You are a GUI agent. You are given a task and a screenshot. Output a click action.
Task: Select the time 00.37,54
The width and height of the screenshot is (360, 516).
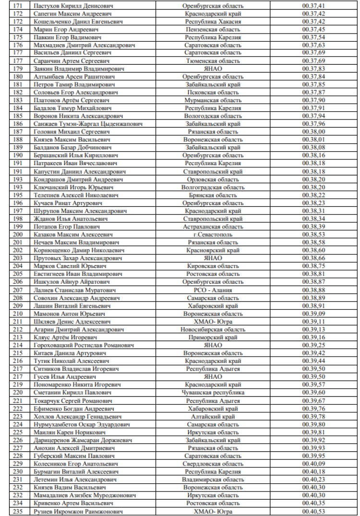(314, 37)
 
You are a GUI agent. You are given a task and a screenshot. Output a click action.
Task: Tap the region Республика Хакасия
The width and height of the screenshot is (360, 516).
(213, 22)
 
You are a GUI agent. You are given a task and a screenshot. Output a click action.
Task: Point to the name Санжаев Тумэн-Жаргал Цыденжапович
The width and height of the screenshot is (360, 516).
(88, 124)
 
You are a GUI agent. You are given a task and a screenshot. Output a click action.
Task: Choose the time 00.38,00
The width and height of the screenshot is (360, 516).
(314, 132)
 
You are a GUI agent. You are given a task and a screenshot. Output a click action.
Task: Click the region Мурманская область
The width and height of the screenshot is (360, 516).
(213, 100)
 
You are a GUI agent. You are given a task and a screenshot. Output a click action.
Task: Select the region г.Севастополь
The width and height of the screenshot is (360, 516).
(213, 234)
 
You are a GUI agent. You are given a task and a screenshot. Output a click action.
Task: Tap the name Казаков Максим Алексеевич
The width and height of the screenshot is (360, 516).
(73, 234)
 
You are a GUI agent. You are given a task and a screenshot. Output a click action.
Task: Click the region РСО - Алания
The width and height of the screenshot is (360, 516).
(213, 290)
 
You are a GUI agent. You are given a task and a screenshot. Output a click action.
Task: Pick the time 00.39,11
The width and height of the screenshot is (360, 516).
(314, 322)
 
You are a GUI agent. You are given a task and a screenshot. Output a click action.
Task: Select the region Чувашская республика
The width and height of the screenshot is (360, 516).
(213, 393)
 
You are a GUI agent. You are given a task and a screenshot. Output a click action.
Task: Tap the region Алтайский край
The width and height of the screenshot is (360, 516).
(213, 416)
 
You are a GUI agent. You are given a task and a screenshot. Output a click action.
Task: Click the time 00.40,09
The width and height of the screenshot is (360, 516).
(314, 464)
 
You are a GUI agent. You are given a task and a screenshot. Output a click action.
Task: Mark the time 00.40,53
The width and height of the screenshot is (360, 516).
(314, 511)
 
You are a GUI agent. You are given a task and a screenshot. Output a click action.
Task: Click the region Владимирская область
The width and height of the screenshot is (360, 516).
(213, 480)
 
